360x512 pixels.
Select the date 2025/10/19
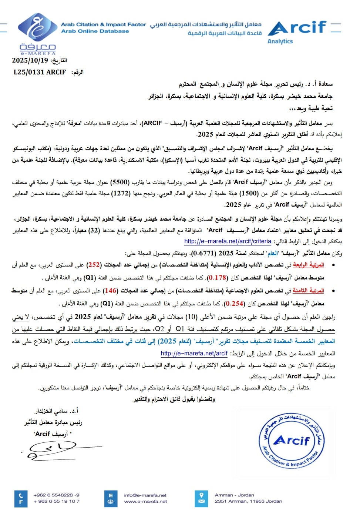pos(30,60)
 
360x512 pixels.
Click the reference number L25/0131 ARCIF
pos(40,72)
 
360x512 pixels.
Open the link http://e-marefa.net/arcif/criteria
pos(228,241)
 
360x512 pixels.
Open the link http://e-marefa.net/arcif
pos(194,353)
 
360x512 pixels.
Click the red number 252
pos(94,265)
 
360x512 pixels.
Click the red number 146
pos(110,291)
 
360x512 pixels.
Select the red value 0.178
pos(217,277)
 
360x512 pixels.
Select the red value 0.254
pos(235,303)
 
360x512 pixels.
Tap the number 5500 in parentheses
pos(121,182)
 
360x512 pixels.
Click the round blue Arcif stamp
pos(292,441)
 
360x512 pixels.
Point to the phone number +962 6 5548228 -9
pos(56,495)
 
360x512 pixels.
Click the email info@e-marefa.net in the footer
pos(145,495)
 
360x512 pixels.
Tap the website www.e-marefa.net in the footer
pos(145,502)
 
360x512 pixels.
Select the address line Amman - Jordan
pos(234,495)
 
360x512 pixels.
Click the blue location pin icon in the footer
pos(201,495)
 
